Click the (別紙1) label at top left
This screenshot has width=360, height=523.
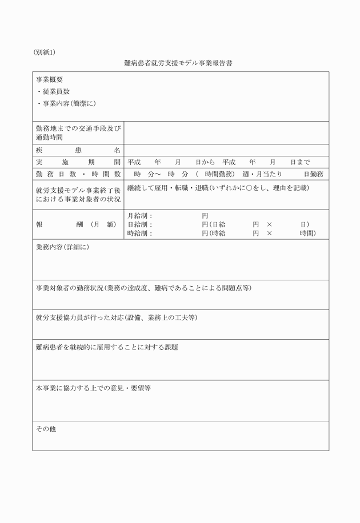pos(44,53)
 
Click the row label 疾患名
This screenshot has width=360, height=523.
pos(78,150)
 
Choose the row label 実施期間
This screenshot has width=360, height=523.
pos(78,162)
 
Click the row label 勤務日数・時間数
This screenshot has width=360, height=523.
pos(78,174)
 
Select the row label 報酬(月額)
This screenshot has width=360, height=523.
pos(78,224)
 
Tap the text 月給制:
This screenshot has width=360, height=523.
pos(139,216)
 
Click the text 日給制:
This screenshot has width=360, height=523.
pos(139,224)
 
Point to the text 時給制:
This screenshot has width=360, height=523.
pos(139,233)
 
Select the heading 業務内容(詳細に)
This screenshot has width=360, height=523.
pos(62,247)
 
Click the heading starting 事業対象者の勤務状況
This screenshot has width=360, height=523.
pos(143,288)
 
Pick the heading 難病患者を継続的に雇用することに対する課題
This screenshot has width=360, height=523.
pos(106,347)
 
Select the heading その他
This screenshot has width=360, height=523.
pos(46,428)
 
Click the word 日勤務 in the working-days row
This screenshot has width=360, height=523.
pos(314,174)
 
